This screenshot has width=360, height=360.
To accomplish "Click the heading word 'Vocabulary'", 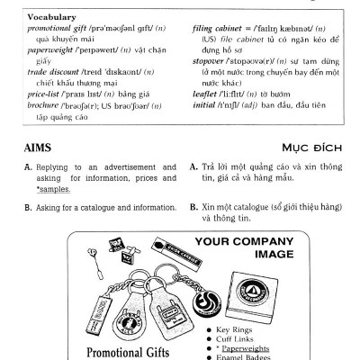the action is [x=38, y=17].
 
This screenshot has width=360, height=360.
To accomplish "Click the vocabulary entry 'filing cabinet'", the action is [x=219, y=28].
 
